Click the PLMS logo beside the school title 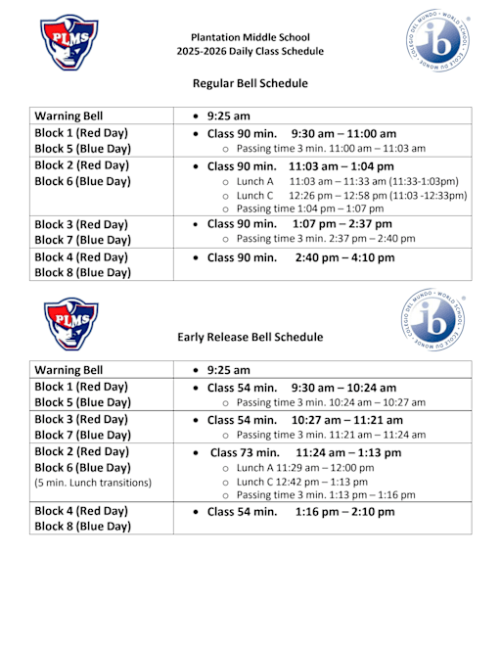pyautogui.click(x=69, y=43)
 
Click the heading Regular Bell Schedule pyautogui.click(x=250, y=83)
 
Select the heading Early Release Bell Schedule pyautogui.click(x=250, y=337)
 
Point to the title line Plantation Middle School pyautogui.click(x=250, y=35)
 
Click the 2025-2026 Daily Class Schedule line pyautogui.click(x=250, y=51)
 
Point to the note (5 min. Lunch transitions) pyautogui.click(x=93, y=483)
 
